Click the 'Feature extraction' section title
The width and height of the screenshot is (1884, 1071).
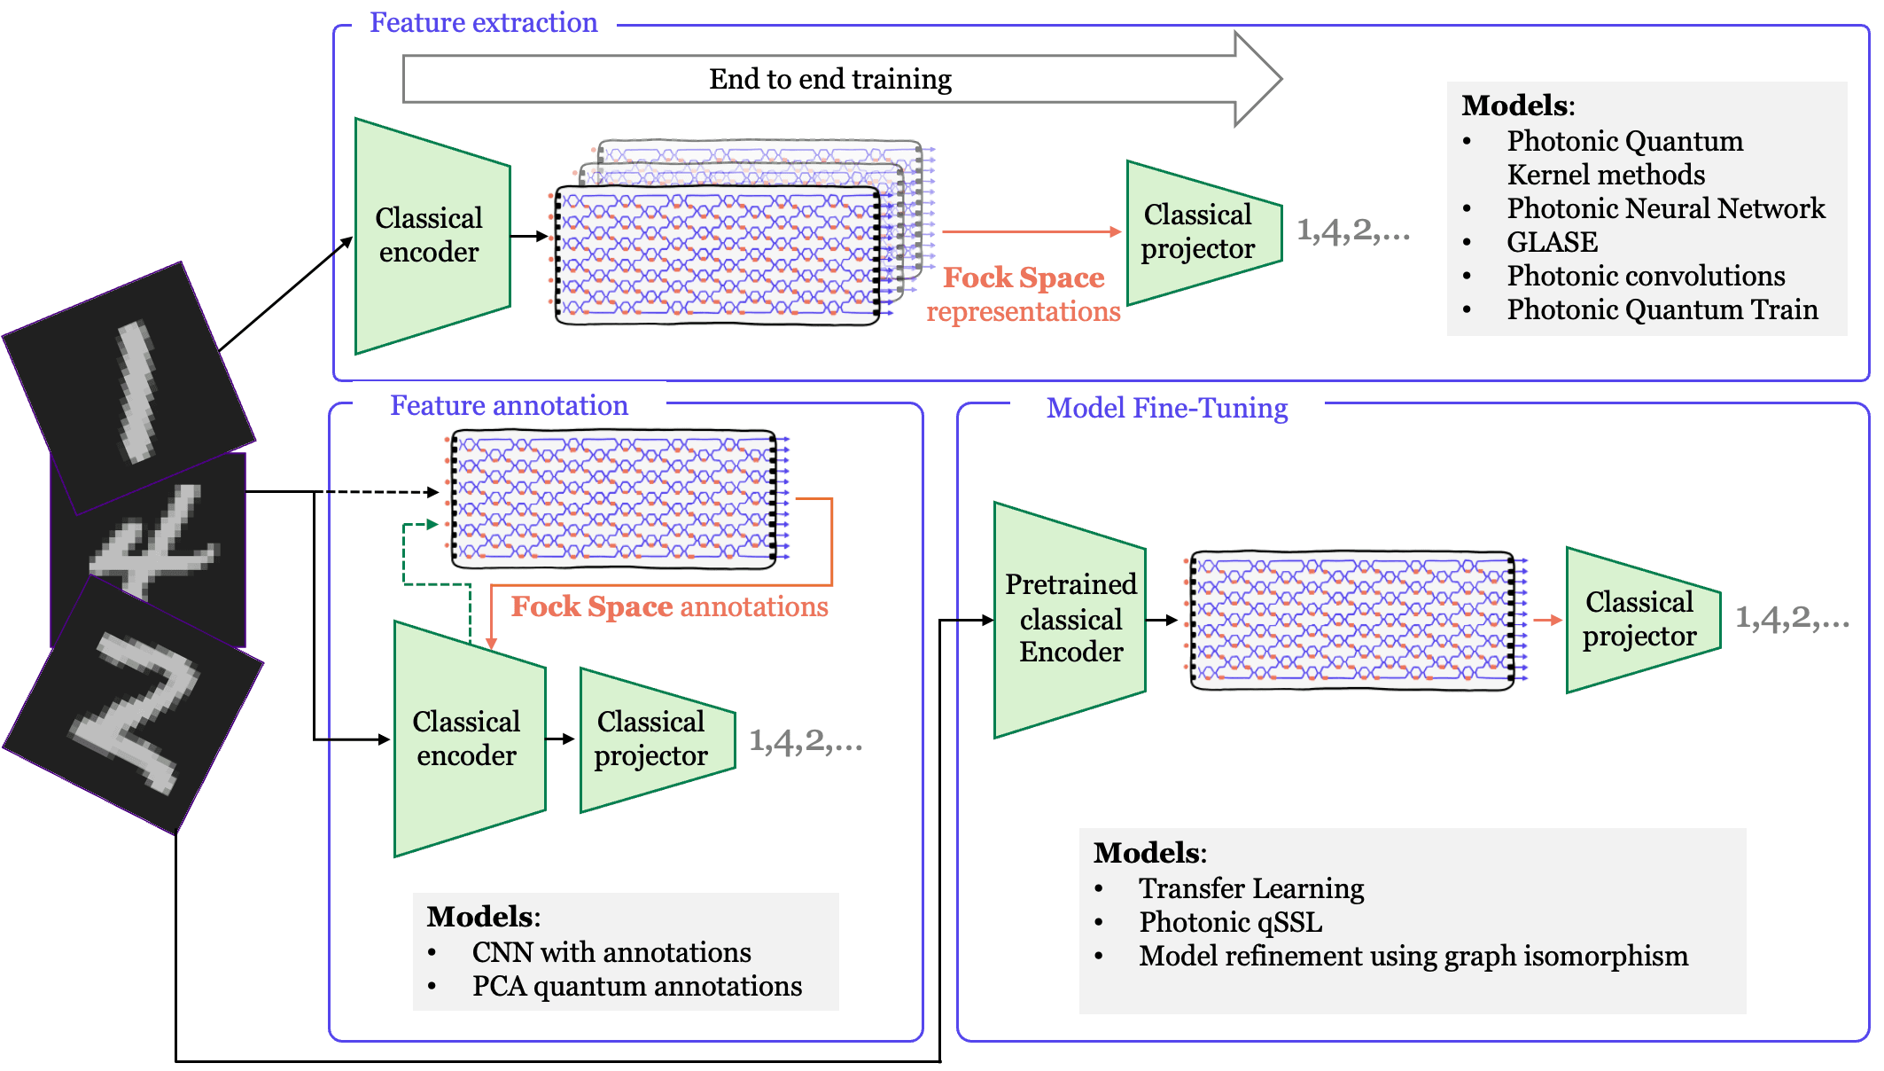pos(483,23)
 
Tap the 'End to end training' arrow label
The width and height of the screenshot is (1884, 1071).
pos(829,80)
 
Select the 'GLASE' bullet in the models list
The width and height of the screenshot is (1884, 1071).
pos(1552,242)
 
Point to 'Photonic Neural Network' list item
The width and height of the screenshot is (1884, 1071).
pos(1665,208)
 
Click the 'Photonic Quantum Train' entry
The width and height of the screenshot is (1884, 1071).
pos(1662,309)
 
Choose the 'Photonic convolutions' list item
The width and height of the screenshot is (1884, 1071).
pos(1646,276)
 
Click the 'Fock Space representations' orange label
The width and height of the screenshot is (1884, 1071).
pos(1024,294)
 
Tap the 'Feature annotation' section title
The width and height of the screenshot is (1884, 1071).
pos(509,406)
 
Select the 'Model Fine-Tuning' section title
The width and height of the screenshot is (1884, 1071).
pos(1166,409)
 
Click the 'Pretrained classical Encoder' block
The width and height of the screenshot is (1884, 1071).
pos(1070,619)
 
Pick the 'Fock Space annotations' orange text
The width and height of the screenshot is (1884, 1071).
pos(669,607)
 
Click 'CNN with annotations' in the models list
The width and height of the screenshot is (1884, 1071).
pos(611,952)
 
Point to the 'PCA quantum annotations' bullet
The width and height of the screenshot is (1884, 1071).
pos(636,986)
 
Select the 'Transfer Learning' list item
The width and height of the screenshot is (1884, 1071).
pos(1250,888)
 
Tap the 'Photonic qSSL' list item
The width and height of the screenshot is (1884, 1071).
pos(1230,922)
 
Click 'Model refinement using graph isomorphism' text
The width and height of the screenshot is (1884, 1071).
pos(1413,956)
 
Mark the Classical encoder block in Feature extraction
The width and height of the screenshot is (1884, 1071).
pos(432,236)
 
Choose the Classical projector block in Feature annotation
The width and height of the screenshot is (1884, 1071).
pos(654,739)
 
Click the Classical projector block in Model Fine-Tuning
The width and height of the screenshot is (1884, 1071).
pos(1640,620)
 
